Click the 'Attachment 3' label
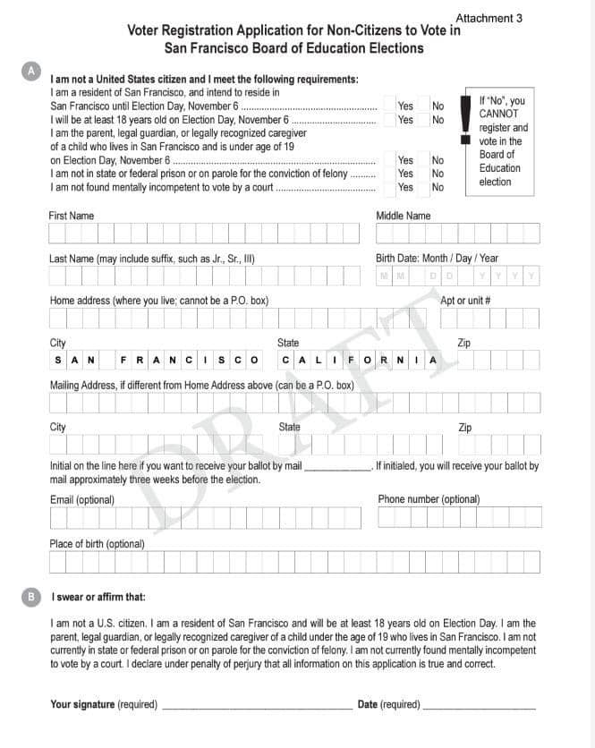pyautogui.click(x=489, y=18)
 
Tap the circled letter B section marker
pyautogui.click(x=31, y=596)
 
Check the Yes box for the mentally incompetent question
pyautogui.click(x=390, y=188)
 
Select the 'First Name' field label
pyautogui.click(x=71, y=216)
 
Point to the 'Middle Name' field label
pyautogui.click(x=403, y=216)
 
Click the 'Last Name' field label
pyautogui.click(x=152, y=259)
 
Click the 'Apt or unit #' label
pyautogui.click(x=465, y=301)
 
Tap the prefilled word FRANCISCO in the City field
pyautogui.click(x=191, y=361)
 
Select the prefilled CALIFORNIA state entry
pyautogui.click(x=359, y=361)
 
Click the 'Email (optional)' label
pyautogui.click(x=81, y=499)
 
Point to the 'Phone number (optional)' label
pyautogui.click(x=429, y=499)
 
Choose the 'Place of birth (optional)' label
pyautogui.click(x=97, y=543)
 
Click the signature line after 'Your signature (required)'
pyautogui.click(x=257, y=707)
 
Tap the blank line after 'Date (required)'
pyautogui.click(x=479, y=707)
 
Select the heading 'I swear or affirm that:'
pyautogui.click(x=98, y=597)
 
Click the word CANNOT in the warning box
pyautogui.click(x=498, y=115)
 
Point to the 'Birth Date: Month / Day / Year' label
pyautogui.click(x=437, y=259)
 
